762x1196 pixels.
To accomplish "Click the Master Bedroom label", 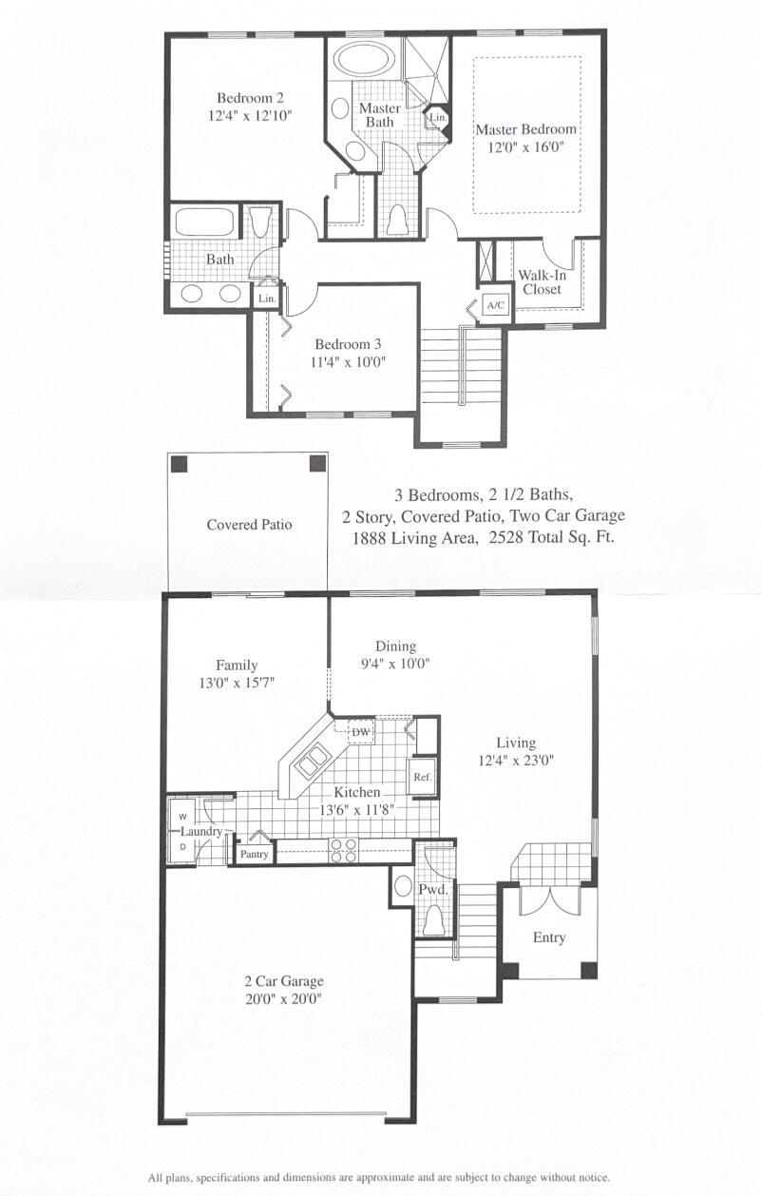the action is click(526, 129).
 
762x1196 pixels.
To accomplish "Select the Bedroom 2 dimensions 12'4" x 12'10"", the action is click(250, 116).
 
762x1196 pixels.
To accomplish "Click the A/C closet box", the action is click(496, 305).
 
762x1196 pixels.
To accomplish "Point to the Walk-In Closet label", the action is click(543, 282).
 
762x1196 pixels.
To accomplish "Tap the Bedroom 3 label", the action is click(348, 344).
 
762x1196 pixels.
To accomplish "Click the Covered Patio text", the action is click(249, 524).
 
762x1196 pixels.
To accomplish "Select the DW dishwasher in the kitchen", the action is click(361, 733).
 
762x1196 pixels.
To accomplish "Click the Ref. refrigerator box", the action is click(422, 777).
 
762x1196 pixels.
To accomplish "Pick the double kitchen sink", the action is click(313, 761).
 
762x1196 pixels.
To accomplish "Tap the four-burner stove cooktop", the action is click(343, 851).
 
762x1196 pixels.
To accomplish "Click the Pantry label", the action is click(254, 854).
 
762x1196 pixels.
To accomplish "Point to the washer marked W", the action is click(182, 817).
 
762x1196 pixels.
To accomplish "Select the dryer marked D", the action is click(182, 846).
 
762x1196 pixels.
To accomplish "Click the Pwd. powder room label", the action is click(432, 889).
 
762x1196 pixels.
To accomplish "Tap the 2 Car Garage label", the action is click(284, 981).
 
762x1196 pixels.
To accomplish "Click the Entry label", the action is click(549, 937).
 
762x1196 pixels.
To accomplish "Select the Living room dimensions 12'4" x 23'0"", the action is click(516, 760).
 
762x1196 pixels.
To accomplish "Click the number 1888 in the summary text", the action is click(369, 538).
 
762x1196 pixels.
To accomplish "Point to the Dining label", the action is click(395, 646).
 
